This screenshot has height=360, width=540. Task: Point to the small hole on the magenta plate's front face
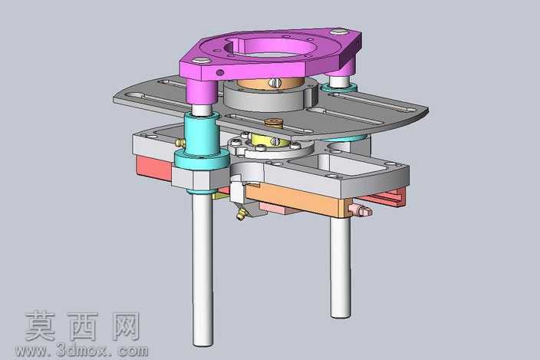point(219,72)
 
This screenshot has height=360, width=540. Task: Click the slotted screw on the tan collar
point(276,83)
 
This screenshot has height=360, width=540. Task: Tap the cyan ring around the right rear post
point(338,88)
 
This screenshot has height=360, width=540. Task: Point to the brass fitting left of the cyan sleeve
point(179,142)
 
